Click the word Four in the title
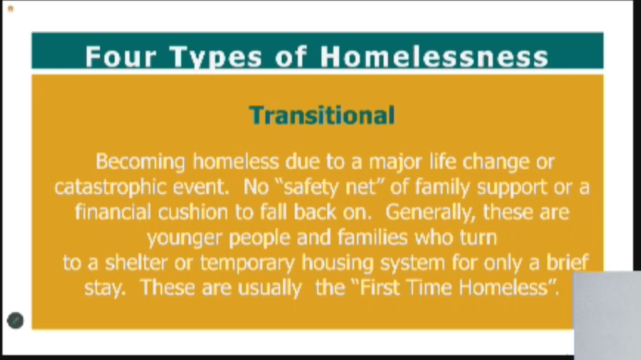click(x=120, y=56)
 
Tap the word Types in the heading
click(x=215, y=56)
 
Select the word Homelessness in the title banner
click(x=434, y=56)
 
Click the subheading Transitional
click(x=322, y=115)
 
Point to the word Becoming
click(x=140, y=162)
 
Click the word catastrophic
click(x=110, y=188)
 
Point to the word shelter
click(x=136, y=262)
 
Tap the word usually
click(x=270, y=289)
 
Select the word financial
click(x=113, y=213)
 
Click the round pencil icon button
click(x=16, y=320)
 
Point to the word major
click(x=395, y=162)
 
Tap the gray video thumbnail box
click(x=608, y=315)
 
